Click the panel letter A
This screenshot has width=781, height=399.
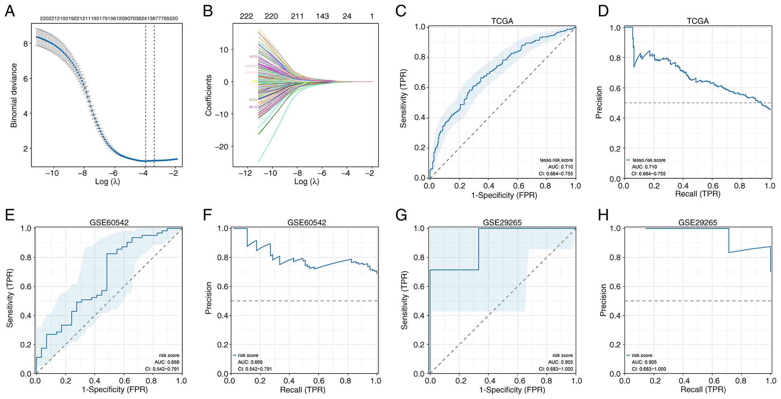(x=10, y=11)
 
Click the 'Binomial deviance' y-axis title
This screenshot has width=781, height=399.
(x=14, y=95)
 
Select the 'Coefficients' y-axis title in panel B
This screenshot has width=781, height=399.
(x=209, y=95)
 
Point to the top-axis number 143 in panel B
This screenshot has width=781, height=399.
(x=322, y=16)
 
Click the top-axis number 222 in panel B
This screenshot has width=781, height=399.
(x=246, y=16)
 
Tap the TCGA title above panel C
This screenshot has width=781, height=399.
(x=502, y=21)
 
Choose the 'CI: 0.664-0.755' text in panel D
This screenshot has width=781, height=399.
(x=649, y=174)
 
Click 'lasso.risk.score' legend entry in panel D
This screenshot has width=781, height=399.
(x=649, y=160)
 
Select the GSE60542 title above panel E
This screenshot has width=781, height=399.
(x=109, y=223)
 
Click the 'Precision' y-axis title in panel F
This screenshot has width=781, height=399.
(x=209, y=298)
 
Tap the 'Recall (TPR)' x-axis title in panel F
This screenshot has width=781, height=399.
(x=302, y=390)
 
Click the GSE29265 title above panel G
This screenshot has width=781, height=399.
(x=502, y=223)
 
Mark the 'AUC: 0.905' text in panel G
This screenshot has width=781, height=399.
(x=560, y=362)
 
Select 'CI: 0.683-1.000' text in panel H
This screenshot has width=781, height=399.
(x=649, y=369)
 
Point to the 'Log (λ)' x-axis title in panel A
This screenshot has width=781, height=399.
(x=108, y=181)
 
